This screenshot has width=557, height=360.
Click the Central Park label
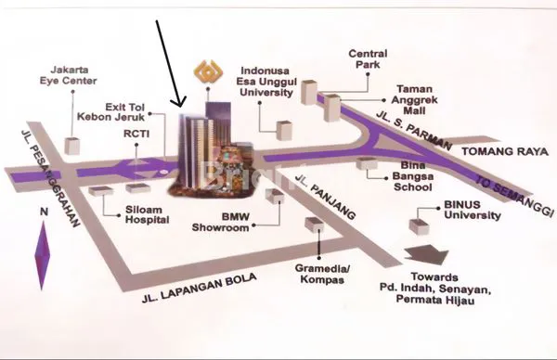click(x=368, y=59)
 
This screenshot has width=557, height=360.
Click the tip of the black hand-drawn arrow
click(x=182, y=107)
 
